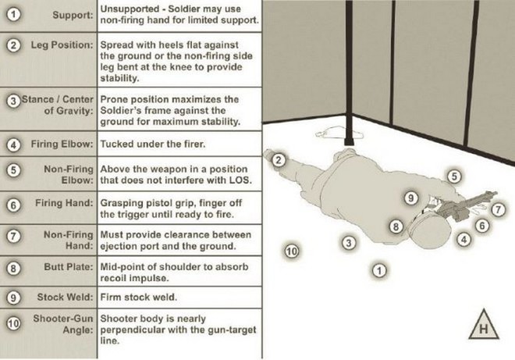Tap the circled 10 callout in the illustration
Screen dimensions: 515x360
point(291,251)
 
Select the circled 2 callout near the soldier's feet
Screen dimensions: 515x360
point(279,160)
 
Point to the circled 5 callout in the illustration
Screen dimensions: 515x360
point(454,176)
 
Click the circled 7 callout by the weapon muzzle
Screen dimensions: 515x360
point(499,210)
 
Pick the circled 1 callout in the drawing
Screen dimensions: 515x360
point(379,270)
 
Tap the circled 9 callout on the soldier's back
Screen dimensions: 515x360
point(411,198)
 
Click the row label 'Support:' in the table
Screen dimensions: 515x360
point(73,16)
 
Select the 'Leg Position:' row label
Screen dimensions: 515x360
point(62,45)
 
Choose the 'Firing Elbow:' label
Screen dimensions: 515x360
point(62,144)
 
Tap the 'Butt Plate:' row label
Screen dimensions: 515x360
point(69,266)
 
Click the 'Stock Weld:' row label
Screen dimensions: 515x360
point(65,298)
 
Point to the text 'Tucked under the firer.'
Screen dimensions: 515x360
point(153,144)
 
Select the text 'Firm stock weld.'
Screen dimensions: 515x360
point(139,298)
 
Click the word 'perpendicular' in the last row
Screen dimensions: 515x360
point(131,330)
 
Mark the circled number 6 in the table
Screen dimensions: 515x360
point(13,205)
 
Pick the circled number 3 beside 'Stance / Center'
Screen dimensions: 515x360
point(13,101)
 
